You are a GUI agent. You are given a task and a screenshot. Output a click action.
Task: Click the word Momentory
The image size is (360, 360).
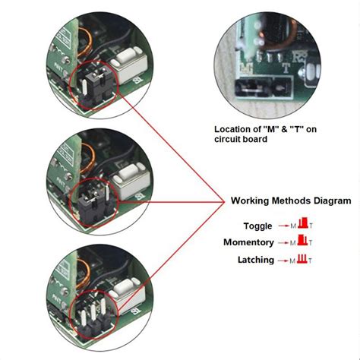[248, 242]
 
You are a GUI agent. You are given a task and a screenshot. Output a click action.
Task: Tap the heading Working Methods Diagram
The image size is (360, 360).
[290, 201]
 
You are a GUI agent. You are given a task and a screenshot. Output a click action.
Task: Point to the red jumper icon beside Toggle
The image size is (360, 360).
[302, 224]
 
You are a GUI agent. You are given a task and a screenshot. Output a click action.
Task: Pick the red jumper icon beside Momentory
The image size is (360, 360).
[302, 242]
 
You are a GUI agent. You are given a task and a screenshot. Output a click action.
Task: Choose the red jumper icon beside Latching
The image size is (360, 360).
[302, 259]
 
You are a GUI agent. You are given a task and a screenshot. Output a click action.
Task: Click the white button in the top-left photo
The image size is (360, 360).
[125, 66]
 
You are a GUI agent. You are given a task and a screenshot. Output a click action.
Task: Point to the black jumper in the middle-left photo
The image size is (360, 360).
[90, 201]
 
